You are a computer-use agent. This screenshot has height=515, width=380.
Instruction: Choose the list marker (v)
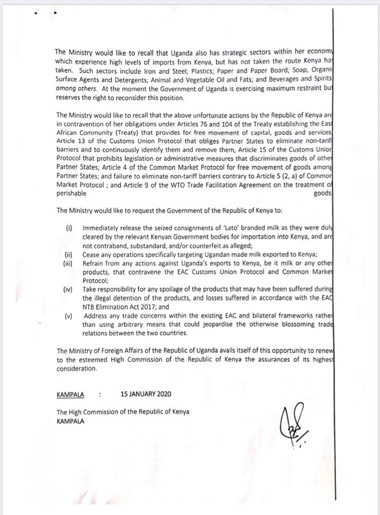(x=70, y=314)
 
